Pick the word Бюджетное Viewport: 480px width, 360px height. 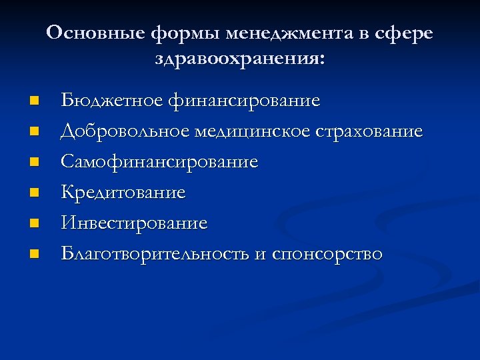pyautogui.click(x=111, y=101)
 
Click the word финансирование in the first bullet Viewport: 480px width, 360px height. pyautogui.click(x=244, y=101)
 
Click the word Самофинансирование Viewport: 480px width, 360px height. pyautogui.click(x=159, y=162)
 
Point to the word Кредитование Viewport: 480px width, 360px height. pyautogui.click(x=123, y=193)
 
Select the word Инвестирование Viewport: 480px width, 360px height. pyautogui.click(x=134, y=223)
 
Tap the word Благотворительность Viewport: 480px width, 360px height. pyautogui.click(x=159, y=254)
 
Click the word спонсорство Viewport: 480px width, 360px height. pyautogui.click(x=327, y=255)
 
